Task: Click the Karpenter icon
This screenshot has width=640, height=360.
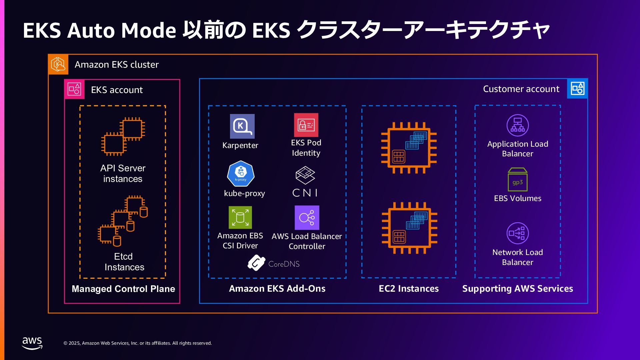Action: coord(242,126)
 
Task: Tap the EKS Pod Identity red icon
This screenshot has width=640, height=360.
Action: coord(306,125)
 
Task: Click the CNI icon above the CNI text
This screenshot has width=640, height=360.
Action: coord(305,175)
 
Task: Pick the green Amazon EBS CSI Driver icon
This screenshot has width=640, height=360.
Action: coord(240,217)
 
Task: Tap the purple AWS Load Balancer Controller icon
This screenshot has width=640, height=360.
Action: coord(307,218)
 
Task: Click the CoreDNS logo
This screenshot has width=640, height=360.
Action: coord(256,263)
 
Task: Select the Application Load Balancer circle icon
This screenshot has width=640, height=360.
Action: coord(517,125)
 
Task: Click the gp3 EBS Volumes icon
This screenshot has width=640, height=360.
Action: coord(517,180)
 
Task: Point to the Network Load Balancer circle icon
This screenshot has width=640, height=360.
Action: coord(517,233)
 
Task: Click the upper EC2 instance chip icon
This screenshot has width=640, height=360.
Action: coord(409,148)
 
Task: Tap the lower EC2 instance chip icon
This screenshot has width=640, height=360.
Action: coord(409,228)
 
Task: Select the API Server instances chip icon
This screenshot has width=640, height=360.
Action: coord(123,136)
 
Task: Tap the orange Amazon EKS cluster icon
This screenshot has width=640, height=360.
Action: coord(58,64)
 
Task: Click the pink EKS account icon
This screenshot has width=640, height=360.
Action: coord(74,89)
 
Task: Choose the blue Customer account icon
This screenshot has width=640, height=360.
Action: coord(577,89)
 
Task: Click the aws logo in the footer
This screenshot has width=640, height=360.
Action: coord(32,343)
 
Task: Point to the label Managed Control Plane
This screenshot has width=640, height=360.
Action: coord(123,289)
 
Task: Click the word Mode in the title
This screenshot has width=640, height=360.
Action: coord(148,30)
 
